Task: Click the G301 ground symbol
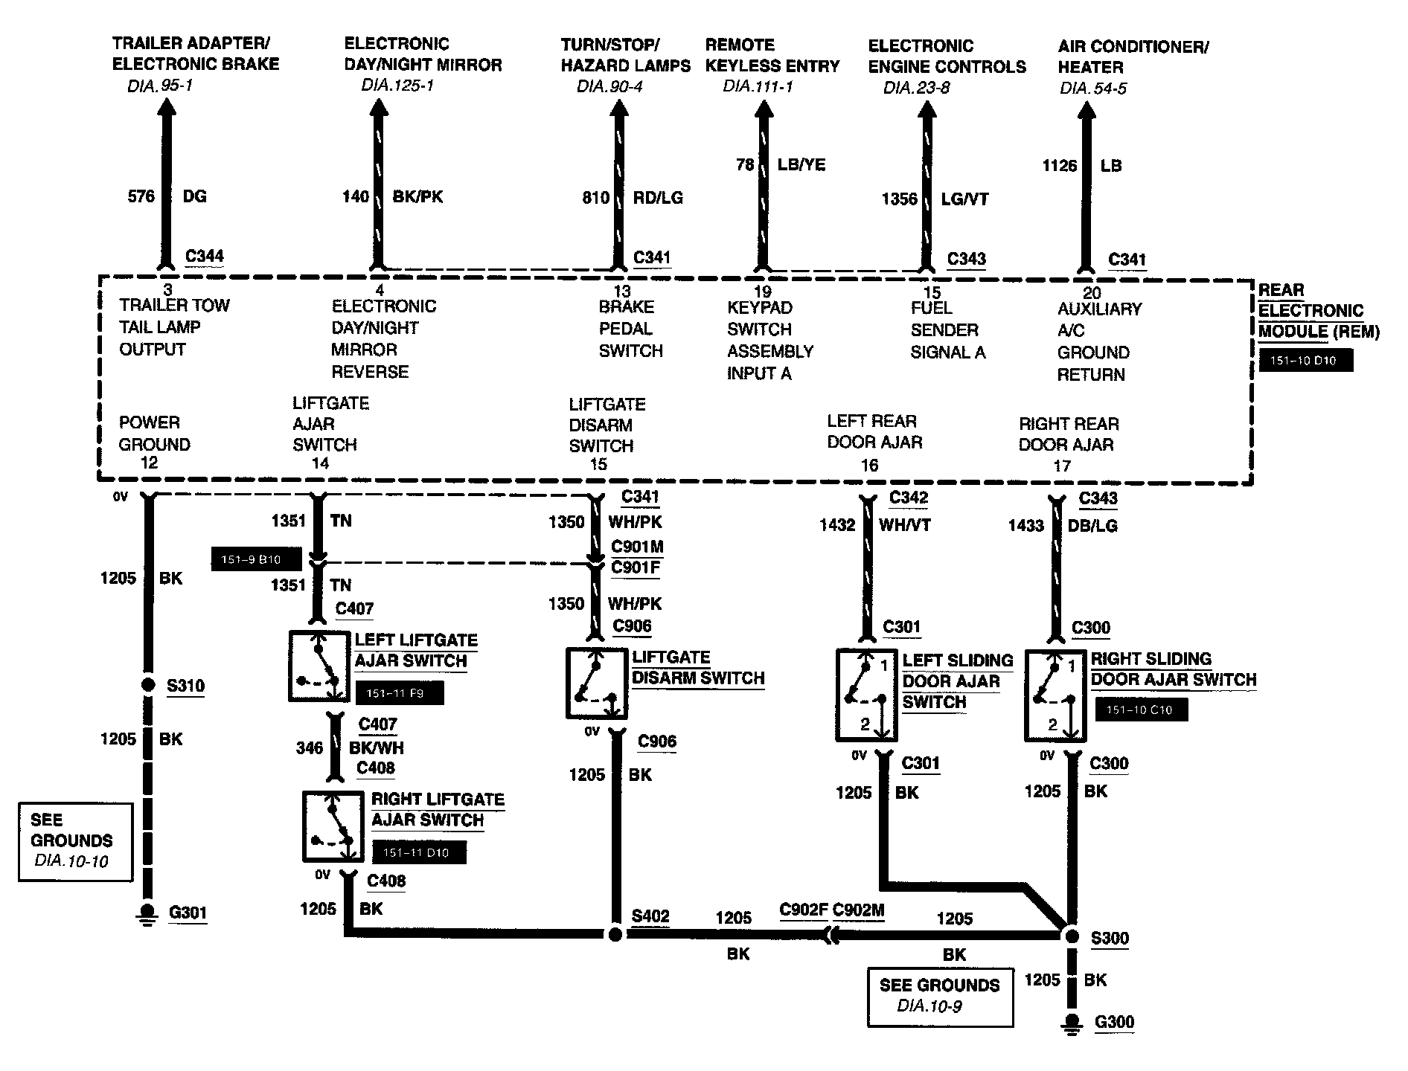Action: tap(148, 914)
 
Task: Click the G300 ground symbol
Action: tap(1072, 1024)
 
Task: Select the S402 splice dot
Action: tap(615, 934)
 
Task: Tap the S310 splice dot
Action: tap(148, 685)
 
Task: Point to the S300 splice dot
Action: tap(1072, 936)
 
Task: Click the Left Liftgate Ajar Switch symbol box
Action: tap(319, 666)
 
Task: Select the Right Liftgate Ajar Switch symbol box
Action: tap(333, 826)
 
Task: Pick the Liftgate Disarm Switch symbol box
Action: tap(596, 683)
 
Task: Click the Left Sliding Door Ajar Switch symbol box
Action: tap(866, 695)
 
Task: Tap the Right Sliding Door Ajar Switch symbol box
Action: tap(1055, 695)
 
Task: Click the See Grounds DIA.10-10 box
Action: tap(75, 841)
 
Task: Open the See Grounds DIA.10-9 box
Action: tap(940, 997)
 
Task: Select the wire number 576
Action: tap(141, 196)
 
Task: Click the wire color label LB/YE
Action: tap(801, 165)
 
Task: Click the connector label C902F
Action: tap(803, 910)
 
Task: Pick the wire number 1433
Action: tap(1026, 526)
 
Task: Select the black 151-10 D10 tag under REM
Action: tap(1305, 361)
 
